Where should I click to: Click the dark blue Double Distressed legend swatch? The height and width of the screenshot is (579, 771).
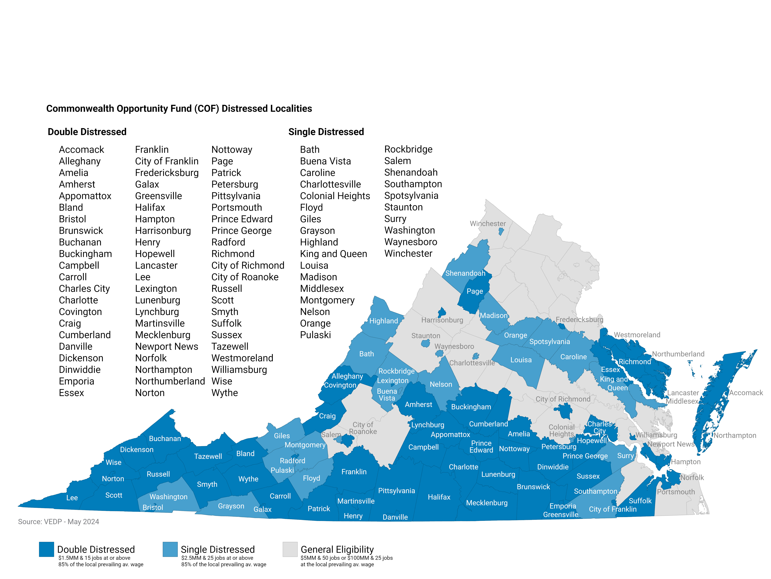click(46, 549)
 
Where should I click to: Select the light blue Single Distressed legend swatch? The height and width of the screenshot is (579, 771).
click(170, 549)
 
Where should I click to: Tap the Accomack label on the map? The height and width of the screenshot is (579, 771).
click(746, 393)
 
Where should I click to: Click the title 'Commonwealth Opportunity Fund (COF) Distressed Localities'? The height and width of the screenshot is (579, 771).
click(179, 109)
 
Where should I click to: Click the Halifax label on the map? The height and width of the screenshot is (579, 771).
click(439, 497)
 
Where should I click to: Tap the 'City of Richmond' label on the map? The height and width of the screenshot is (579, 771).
click(563, 399)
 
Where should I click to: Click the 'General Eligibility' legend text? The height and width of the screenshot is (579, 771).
click(337, 549)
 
